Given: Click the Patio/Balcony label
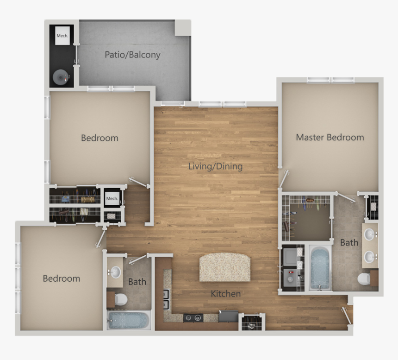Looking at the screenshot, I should pos(132,55).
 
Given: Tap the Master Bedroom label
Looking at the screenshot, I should pos(330,138).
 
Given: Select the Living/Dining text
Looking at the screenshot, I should pos(215,166).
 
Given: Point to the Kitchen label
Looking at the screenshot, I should pos(225,294).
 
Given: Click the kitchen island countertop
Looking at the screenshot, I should pos(224,267).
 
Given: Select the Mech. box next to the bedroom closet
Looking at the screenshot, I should pos(112,199).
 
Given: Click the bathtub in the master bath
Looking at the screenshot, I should pos(319,268).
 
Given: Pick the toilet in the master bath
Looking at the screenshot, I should pos(364,279).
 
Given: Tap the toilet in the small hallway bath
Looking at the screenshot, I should pos(120,299).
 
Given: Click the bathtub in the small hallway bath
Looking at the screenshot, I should pos(129,320).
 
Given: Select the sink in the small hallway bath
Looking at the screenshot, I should pos(114,272).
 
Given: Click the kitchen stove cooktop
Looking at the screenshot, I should pos(193,318).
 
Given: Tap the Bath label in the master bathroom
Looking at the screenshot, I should pos(349,242).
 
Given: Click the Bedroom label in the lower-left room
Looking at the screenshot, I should pos(62,278).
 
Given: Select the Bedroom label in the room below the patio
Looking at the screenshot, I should pos(99,138).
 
